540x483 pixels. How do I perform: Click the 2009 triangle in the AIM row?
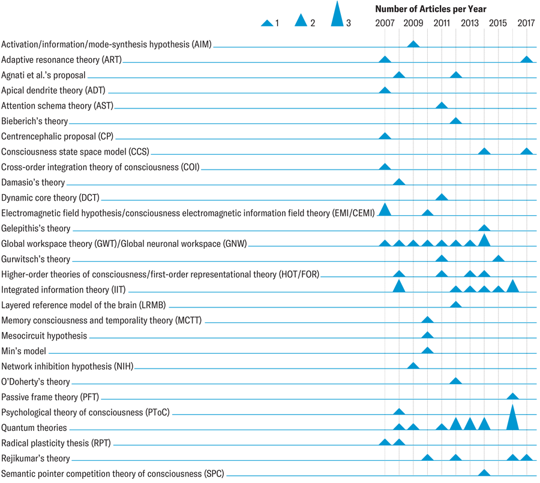click(413, 44)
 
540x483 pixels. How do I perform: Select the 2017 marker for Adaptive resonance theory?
click(527, 59)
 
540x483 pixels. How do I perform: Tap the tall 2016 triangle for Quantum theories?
click(512, 418)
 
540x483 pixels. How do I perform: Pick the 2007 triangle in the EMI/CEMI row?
click(385, 209)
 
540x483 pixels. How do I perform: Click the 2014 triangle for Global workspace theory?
click(484, 241)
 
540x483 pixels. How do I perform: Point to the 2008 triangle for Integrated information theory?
click(399, 286)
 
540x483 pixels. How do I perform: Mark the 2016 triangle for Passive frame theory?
click(512, 396)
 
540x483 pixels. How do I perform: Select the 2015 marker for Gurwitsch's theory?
click(498, 258)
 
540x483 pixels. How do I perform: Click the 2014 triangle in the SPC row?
click(484, 473)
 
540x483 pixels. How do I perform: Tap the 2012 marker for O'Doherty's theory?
click(455, 381)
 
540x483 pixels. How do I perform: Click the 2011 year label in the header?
click(441, 23)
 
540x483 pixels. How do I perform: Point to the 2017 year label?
click(526, 23)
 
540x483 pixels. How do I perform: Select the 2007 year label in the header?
click(385, 23)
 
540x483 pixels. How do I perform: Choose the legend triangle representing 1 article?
click(267, 23)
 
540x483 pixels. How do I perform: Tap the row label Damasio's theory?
click(33, 182)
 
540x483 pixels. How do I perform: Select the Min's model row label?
click(23, 351)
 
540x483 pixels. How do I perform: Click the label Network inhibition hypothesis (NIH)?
click(58, 366)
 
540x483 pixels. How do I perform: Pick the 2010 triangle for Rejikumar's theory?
click(427, 457)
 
